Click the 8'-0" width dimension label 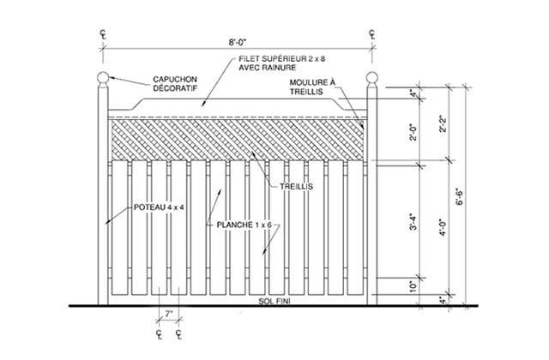pyautogui.click(x=238, y=42)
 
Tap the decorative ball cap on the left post pyautogui.click(x=103, y=78)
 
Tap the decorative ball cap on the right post pyautogui.click(x=371, y=78)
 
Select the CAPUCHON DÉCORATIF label pyautogui.click(x=175, y=84)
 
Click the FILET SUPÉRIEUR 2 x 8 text pyautogui.click(x=282, y=59)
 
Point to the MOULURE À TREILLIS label pyautogui.click(x=312, y=87)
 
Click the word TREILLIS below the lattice pyautogui.click(x=296, y=187)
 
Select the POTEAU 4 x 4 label pyautogui.click(x=159, y=207)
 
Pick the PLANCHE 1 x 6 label pyautogui.click(x=244, y=225)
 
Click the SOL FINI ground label pyautogui.click(x=274, y=301)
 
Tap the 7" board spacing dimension pyautogui.click(x=169, y=314)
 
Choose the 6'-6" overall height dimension pyautogui.click(x=459, y=197)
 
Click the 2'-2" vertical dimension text pyautogui.click(x=443, y=123)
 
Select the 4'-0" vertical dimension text pyautogui.click(x=443, y=227)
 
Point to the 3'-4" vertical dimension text pyautogui.click(x=413, y=222)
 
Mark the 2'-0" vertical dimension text pyautogui.click(x=413, y=132)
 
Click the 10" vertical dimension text pyautogui.click(x=413, y=286)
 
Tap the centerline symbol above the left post pyautogui.click(x=103, y=34)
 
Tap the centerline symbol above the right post pyautogui.click(x=371, y=34)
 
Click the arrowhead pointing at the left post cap pyautogui.click(x=112, y=78)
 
